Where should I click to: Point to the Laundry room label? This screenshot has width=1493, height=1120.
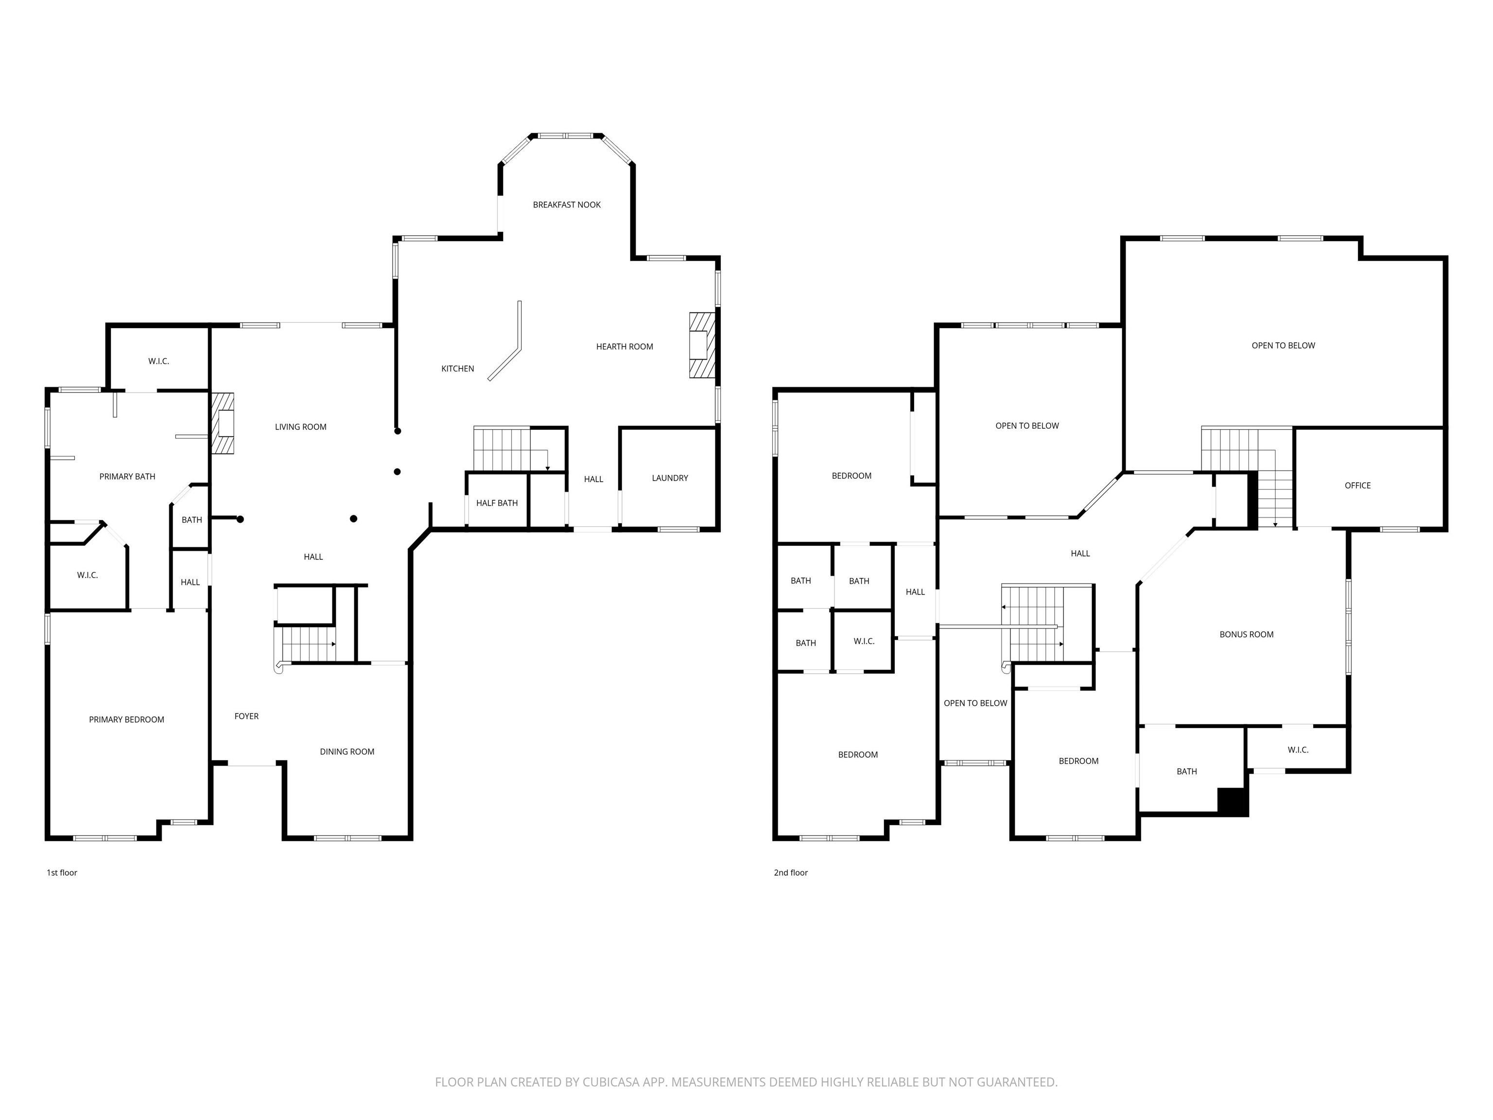pos(670,478)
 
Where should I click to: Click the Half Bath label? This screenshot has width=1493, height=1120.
pos(497,503)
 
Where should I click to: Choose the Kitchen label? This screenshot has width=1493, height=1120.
pos(458,368)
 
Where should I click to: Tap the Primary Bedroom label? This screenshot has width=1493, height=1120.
pos(127,719)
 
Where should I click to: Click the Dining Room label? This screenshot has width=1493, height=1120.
pos(347,752)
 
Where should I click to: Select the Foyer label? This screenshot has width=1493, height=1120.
pos(246,717)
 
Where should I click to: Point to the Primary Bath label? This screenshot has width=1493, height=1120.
pos(127,476)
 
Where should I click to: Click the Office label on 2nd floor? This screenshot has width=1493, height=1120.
pos(1357,486)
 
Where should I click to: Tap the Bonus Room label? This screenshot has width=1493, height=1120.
pos(1247,634)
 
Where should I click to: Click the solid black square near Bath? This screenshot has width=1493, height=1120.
pos(1233,803)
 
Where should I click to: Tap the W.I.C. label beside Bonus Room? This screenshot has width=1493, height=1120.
pos(1297,750)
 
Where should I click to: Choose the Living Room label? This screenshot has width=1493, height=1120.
pos(300,427)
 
